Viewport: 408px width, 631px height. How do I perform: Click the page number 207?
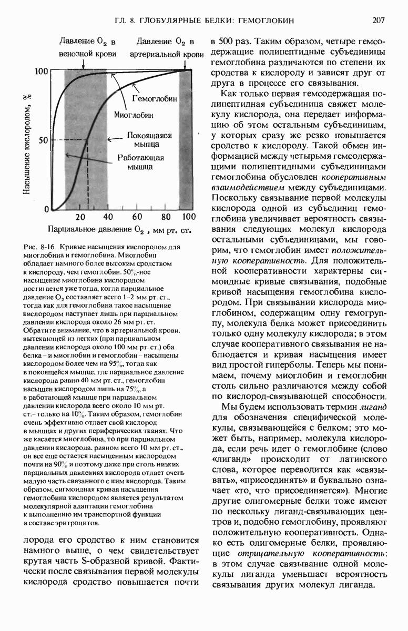tap(380, 21)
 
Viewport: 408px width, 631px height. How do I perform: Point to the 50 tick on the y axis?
tap(43, 140)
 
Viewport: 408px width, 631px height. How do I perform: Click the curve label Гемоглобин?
tap(155, 99)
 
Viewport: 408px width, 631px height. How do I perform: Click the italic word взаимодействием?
tap(242, 187)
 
